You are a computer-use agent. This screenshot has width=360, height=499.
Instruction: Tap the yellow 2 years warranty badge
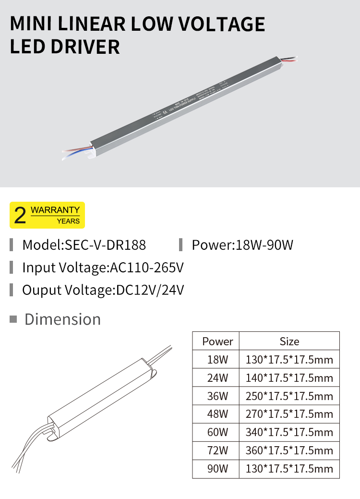point(47,215)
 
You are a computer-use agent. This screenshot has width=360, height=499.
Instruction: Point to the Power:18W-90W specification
point(242,245)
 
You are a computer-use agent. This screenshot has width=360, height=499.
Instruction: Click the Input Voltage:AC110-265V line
point(103,268)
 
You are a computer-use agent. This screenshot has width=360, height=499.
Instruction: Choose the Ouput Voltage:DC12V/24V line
point(103,290)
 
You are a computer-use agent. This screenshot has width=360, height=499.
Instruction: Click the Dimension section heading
point(62,319)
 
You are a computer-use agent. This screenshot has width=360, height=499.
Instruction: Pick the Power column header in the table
point(217,341)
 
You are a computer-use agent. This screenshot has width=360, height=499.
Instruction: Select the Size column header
point(289,341)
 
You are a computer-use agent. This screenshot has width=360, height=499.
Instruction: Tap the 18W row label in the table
point(217,360)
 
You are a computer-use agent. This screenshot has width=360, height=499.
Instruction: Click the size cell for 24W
point(289,378)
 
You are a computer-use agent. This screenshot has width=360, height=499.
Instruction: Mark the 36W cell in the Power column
point(217,396)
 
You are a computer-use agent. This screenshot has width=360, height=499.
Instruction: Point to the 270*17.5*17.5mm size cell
point(289,414)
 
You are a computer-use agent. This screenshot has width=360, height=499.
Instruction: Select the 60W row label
point(217,432)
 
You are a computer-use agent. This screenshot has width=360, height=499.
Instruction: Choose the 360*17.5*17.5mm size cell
point(289,450)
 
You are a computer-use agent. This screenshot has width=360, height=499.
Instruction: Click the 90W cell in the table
point(217,469)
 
